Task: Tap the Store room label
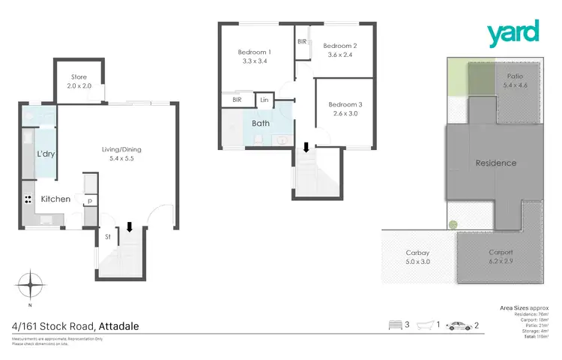pyautogui.click(x=79, y=77)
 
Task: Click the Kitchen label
pyautogui.click(x=55, y=199)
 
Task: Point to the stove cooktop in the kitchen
pyautogui.click(x=28, y=200)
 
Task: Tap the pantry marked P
pyautogui.click(x=89, y=202)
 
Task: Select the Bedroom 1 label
pyautogui.click(x=254, y=52)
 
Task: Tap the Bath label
pyautogui.click(x=261, y=123)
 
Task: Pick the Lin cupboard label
pyautogui.click(x=265, y=100)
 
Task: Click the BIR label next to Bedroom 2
pyautogui.click(x=302, y=42)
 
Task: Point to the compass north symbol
pyautogui.click(x=31, y=286)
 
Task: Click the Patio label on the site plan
pyautogui.click(x=515, y=76)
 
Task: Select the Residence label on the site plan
pyautogui.click(x=495, y=163)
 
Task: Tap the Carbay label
pyautogui.click(x=417, y=253)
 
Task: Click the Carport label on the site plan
pyautogui.click(x=501, y=252)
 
